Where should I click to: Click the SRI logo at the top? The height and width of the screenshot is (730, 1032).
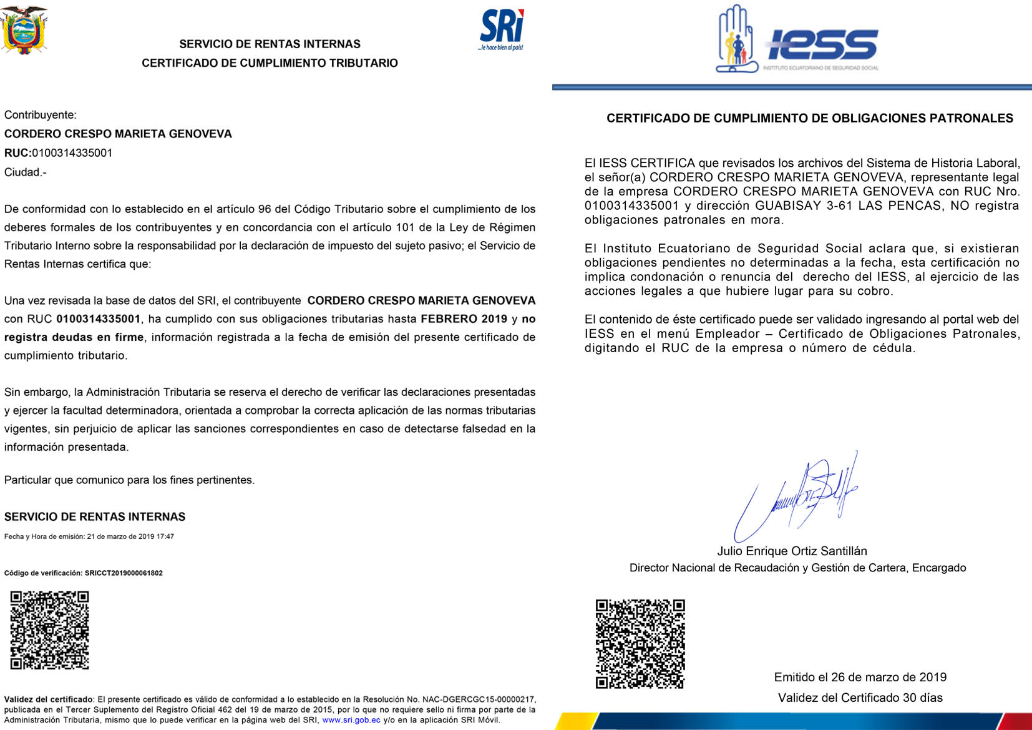pyautogui.click(x=502, y=29)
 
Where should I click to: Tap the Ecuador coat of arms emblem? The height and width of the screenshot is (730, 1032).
pyautogui.click(x=24, y=30)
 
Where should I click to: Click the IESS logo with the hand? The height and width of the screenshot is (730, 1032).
pyautogui.click(x=797, y=41)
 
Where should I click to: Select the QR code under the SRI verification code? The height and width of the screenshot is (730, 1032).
pyautogui.click(x=50, y=630)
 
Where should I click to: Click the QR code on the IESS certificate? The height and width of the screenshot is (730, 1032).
pyautogui.click(x=640, y=644)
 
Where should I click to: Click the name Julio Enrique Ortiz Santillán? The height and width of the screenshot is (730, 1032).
pyautogui.click(x=792, y=551)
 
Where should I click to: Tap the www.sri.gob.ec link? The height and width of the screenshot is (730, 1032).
pyautogui.click(x=351, y=720)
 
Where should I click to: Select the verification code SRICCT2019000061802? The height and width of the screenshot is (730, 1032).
pyautogui.click(x=124, y=573)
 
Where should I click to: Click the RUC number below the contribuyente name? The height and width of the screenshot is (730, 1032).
pyautogui.click(x=72, y=153)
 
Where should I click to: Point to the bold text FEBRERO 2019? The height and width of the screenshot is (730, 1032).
pyautogui.click(x=464, y=319)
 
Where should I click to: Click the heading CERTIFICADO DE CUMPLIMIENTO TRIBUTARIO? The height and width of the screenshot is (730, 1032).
pyautogui.click(x=270, y=63)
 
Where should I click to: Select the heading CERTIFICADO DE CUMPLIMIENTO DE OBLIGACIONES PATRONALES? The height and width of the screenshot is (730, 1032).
pyautogui.click(x=809, y=118)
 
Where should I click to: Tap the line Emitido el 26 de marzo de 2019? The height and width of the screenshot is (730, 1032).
pyautogui.click(x=860, y=677)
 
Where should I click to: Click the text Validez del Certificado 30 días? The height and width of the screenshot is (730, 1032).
pyautogui.click(x=860, y=698)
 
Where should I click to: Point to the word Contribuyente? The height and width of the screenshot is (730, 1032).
pyautogui.click(x=41, y=115)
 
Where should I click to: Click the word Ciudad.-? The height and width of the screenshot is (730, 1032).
pyautogui.click(x=26, y=172)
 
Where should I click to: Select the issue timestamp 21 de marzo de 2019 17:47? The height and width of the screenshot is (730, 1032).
pyautogui.click(x=130, y=536)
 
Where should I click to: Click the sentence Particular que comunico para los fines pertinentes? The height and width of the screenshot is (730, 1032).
pyautogui.click(x=130, y=480)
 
